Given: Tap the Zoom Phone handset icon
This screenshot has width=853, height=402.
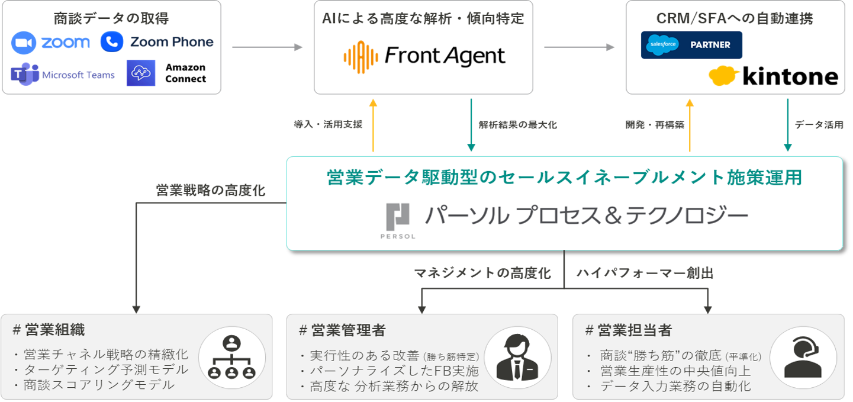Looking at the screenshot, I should click(x=111, y=41).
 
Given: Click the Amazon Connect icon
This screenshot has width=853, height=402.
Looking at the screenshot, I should click(x=141, y=73).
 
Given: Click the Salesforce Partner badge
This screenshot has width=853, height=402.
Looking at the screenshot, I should click(x=691, y=45).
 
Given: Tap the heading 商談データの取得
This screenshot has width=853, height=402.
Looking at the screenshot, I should click(x=111, y=18).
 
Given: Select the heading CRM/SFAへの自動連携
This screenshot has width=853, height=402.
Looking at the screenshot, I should click(x=735, y=18).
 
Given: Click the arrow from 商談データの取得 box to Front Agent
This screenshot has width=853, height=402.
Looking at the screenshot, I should click(x=266, y=47).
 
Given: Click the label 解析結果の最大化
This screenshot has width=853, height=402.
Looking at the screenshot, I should click(x=517, y=125).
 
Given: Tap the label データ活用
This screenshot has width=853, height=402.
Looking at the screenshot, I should click(x=819, y=125).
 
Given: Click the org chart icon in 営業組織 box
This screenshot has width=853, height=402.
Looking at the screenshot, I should click(x=231, y=358).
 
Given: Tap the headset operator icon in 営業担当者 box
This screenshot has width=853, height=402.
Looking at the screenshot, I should click(x=802, y=358).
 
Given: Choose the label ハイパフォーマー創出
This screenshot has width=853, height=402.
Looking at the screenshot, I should click(x=645, y=273).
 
